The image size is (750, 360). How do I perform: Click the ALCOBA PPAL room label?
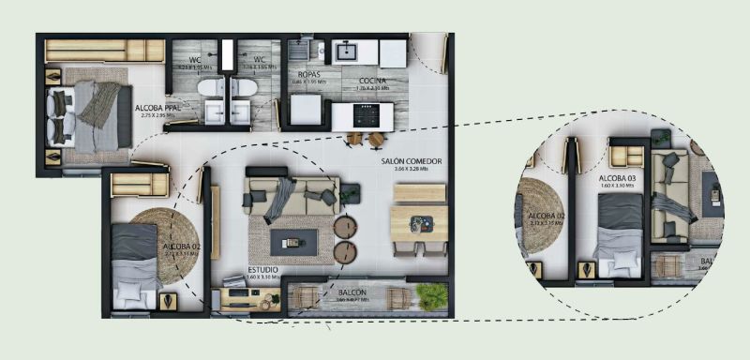pos(157,108)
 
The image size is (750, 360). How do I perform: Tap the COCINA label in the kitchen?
pos(373,81)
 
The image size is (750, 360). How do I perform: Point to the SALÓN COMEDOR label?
pos(411,161)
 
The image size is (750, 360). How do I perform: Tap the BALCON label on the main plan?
pos(352,292)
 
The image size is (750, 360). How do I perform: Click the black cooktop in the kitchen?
pos(364,115)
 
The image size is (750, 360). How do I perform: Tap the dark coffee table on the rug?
pos(293,242)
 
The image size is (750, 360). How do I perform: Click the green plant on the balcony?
pos(431,296)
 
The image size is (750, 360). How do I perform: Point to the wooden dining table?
pos(418,223)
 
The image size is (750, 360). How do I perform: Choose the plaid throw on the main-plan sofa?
pos(279,197)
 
